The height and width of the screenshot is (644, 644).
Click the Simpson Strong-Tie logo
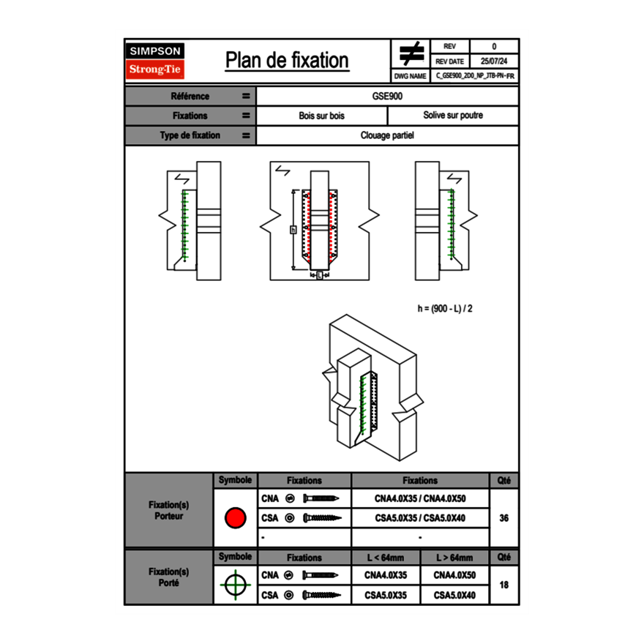156,61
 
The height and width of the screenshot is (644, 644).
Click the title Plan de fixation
287,61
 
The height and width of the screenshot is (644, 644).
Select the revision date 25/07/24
494,61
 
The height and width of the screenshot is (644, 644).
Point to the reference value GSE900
387,97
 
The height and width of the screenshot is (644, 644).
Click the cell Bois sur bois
321,116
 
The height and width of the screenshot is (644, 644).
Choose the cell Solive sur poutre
452,116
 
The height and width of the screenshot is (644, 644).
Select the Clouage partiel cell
387,135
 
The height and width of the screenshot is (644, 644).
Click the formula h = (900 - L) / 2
445,308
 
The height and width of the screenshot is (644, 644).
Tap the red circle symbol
235,518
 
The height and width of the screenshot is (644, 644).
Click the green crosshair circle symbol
235,585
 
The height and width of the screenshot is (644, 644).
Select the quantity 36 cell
503,518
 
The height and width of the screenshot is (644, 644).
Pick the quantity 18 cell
503,585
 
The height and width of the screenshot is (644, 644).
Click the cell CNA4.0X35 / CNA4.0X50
420,498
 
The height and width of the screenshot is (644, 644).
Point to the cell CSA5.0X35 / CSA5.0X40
420,518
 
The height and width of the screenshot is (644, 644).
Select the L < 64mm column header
386,558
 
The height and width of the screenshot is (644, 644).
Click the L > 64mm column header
454,558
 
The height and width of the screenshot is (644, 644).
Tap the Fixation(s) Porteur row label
168,511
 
